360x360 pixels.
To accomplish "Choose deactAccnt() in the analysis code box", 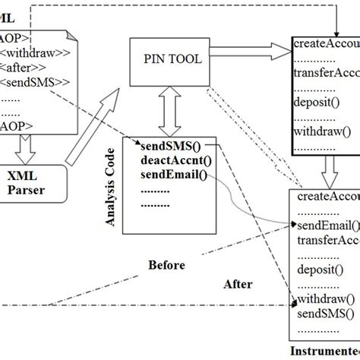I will pos(175,159).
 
